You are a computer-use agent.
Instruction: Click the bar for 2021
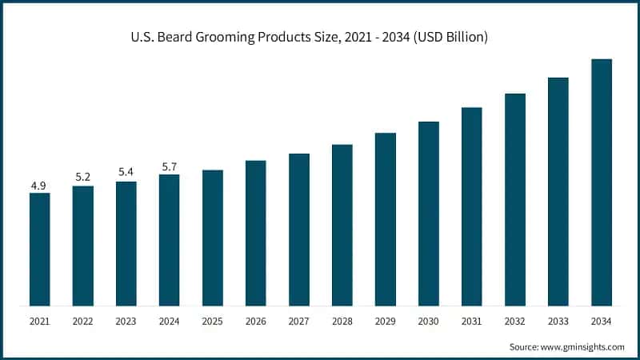click(39, 249)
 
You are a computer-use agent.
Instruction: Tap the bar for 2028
click(342, 225)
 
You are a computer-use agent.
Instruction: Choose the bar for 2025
click(212, 238)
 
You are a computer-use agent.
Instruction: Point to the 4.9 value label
click(38, 186)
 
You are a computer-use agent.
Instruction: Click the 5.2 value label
click(82, 177)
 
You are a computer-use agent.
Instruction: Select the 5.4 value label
click(126, 173)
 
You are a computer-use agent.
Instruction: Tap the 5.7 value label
click(169, 166)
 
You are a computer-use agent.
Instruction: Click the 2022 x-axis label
click(82, 322)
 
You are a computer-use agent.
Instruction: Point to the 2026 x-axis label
click(255, 322)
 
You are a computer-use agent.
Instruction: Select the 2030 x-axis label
click(428, 322)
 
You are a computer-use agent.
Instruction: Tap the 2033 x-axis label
click(558, 322)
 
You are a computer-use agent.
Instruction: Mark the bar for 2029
click(385, 219)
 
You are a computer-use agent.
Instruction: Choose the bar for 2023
click(126, 243)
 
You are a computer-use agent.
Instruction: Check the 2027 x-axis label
click(298, 322)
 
